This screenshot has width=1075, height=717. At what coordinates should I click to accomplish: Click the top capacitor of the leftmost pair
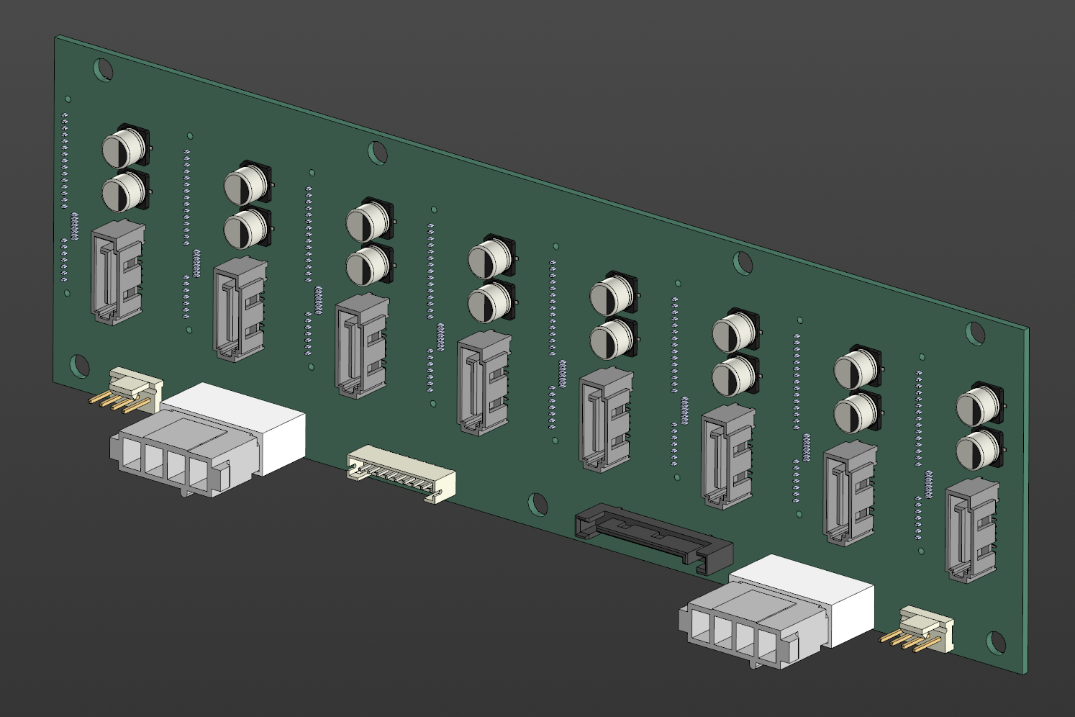point(124,148)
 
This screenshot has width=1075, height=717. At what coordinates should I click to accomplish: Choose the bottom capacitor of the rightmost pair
point(978,449)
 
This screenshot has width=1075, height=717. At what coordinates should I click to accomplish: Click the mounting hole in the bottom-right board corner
point(995,641)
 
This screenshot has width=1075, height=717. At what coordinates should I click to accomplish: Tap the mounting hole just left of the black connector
point(537,504)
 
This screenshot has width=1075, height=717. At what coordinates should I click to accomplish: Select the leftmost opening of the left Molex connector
point(132,455)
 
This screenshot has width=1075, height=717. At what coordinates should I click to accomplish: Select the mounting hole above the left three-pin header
point(79,366)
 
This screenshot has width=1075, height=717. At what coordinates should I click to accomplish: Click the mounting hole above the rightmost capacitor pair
point(974,332)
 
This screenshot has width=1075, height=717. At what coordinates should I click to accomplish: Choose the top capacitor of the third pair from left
point(368,222)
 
